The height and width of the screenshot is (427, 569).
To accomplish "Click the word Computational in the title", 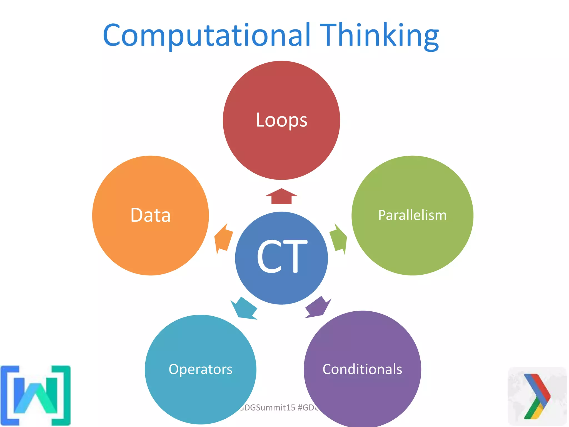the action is tap(206, 36).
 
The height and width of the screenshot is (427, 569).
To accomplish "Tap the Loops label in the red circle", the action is tap(281, 120).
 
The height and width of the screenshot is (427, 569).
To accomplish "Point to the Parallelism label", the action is tap(412, 215).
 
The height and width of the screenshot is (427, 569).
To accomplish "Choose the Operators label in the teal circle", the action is tap(200, 369).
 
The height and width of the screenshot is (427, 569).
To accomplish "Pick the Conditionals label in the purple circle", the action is tap(362, 369).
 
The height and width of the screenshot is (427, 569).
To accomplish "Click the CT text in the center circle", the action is tap(281, 256).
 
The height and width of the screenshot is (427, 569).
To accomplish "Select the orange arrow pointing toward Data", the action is tap(223, 239).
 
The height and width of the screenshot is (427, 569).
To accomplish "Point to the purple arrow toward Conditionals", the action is tap(318, 307).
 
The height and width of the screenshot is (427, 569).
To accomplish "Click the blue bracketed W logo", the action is tap(36, 395).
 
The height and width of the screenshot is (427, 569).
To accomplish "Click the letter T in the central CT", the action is tap(295, 256).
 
